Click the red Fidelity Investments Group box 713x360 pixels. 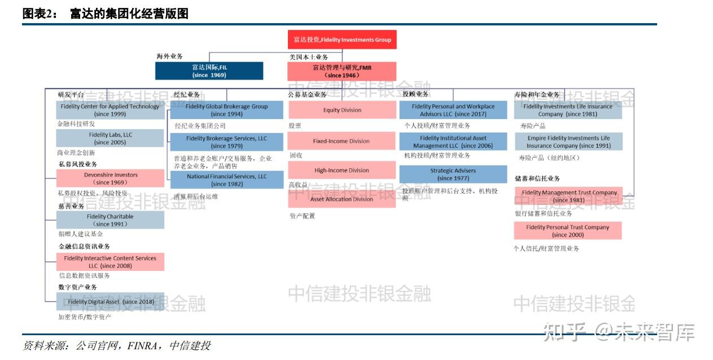[x=342, y=40]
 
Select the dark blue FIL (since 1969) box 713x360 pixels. [x=209, y=71]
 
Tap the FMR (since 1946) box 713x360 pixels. [x=342, y=71]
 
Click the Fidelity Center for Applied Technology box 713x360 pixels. [x=110, y=110]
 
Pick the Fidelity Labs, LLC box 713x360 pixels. [x=110, y=139]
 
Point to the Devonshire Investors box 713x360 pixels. [x=110, y=178]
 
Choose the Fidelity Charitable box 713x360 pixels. [x=110, y=220]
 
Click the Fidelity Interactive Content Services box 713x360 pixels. [x=110, y=262]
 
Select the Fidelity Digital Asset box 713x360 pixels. [x=110, y=302]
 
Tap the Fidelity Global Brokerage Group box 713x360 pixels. [x=226, y=110]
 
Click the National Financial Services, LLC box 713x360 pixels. [x=226, y=180]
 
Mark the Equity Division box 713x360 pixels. [x=342, y=110]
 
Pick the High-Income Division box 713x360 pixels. [x=342, y=170]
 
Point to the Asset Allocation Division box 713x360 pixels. [x=342, y=199]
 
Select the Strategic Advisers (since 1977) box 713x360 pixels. [x=453, y=174]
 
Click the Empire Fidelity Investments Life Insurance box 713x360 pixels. [x=568, y=142]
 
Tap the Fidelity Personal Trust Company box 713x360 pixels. [x=567, y=231]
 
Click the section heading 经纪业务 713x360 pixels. [x=186, y=94]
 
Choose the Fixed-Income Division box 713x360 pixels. [x=342, y=141]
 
